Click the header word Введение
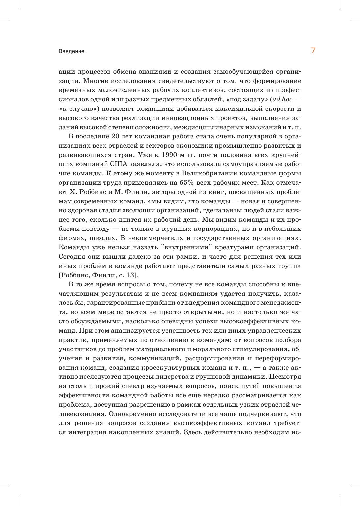coord(72,51)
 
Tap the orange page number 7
coord(313,51)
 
